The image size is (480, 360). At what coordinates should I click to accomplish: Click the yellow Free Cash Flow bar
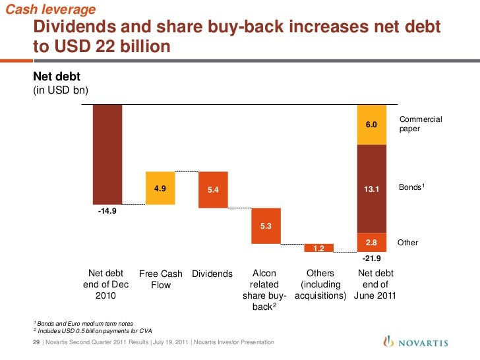(160, 188)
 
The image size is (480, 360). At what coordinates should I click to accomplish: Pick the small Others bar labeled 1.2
(318, 248)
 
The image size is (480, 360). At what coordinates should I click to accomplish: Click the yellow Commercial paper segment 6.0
(371, 125)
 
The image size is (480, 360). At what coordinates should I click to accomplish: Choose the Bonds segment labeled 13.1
(371, 189)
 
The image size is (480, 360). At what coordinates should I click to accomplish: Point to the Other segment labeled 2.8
(371, 243)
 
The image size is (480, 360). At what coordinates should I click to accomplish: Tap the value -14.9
(107, 212)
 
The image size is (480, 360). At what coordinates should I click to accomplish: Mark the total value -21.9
(373, 258)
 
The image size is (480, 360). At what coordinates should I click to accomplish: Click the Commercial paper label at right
(420, 124)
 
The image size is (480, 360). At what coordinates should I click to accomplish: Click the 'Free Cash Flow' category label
(161, 280)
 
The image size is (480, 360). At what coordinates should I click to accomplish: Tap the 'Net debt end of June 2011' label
(375, 285)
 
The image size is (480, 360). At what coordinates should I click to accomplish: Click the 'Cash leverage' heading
(50, 9)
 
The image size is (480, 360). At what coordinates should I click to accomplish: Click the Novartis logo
(416, 342)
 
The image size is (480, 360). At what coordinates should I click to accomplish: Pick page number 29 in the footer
(36, 342)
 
